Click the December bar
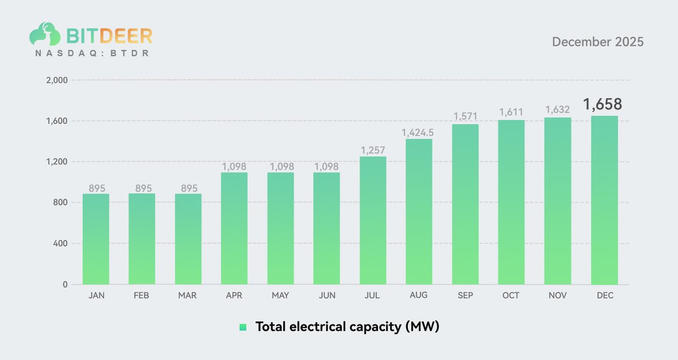tap(604, 201)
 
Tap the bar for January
tap(96, 239)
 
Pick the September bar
tap(465, 205)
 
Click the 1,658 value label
tap(602, 105)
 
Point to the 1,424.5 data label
tap(419, 132)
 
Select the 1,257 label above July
tap(372, 150)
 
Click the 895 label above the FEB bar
tap(142, 188)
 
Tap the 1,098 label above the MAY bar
tap(280, 167)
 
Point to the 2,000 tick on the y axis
tap(56, 80)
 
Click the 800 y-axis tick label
tap(60, 203)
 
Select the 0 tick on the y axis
tap(65, 284)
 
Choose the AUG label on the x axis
tap(419, 296)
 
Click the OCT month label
tap(511, 296)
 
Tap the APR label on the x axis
tap(234, 296)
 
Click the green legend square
tap(243, 327)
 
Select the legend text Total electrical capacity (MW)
tap(347, 327)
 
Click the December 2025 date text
tap(597, 42)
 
